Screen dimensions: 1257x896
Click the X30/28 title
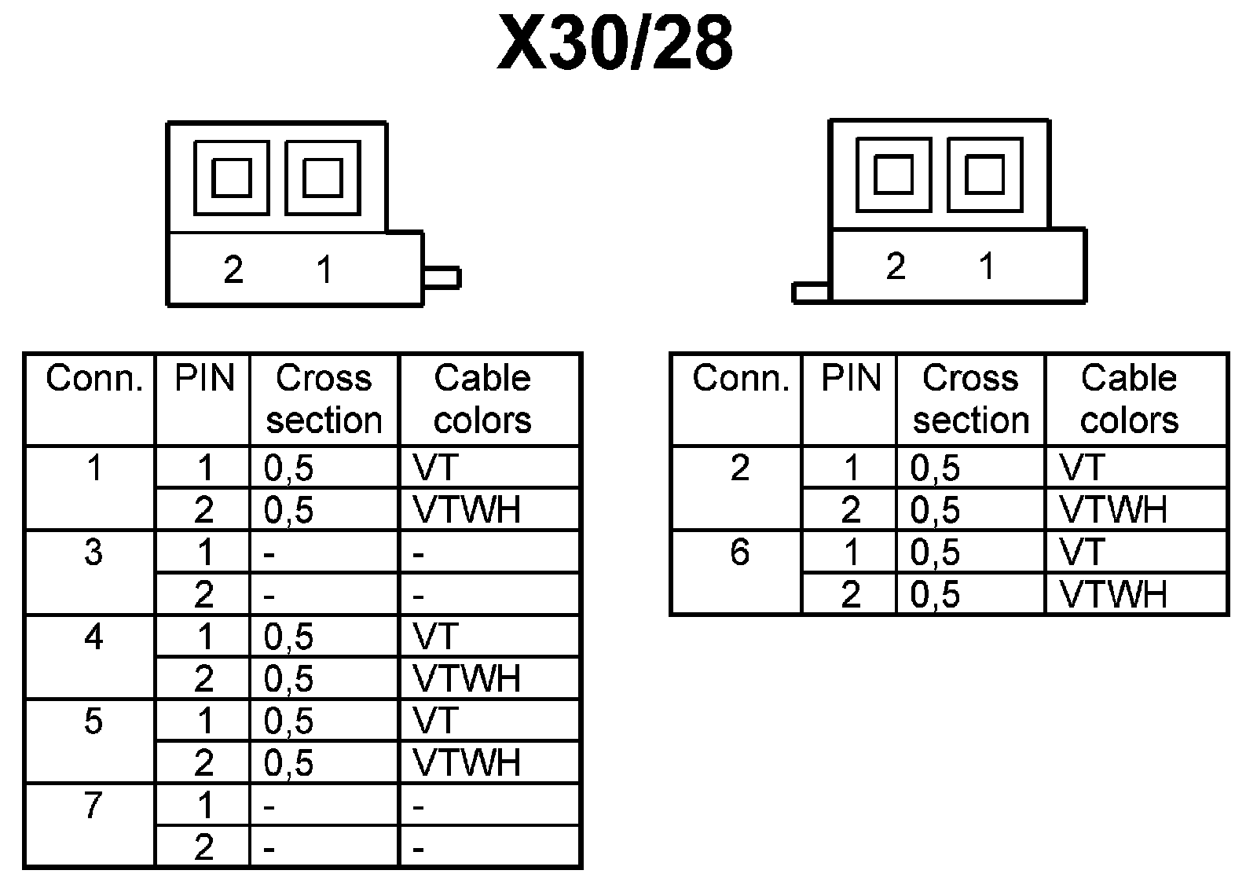tap(616, 45)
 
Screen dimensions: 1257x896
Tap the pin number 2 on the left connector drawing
tap(233, 270)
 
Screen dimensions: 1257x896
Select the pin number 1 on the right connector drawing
tap(987, 266)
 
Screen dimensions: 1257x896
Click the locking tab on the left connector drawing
tap(442, 278)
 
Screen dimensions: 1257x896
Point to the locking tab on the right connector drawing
tap(811, 292)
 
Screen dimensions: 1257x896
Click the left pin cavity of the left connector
tap(232, 178)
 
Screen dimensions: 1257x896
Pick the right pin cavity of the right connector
tap(984, 174)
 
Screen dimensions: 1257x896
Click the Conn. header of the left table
tap(94, 379)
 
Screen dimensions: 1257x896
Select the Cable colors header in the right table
tap(1129, 399)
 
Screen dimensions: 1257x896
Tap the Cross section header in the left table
tap(324, 399)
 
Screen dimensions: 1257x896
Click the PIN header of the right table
tap(851, 379)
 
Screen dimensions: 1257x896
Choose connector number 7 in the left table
tap(93, 805)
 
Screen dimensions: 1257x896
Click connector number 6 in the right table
tap(739, 553)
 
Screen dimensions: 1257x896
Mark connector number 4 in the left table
tap(93, 637)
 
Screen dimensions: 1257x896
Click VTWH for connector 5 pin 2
tap(467, 762)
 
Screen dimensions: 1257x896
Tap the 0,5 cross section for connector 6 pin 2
tap(935, 595)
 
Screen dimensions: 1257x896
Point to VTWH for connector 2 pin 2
tap(1113, 510)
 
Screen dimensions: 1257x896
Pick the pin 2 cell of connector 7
tap(203, 847)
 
